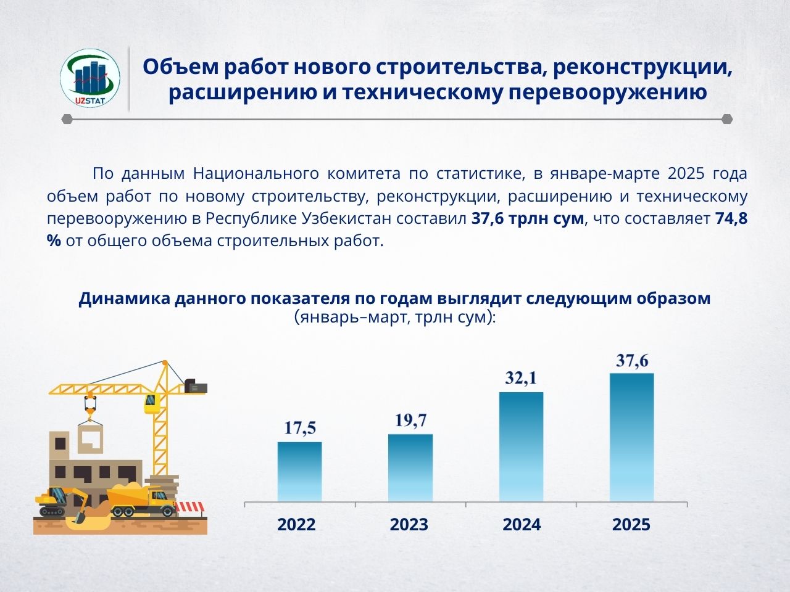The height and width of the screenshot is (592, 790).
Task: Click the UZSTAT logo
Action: pos(90,79)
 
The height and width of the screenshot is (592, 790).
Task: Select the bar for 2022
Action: pos(299,472)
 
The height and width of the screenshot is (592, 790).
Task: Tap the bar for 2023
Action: pos(410,468)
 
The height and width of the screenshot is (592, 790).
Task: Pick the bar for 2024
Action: pos(521,447)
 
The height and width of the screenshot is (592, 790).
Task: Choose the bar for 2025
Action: pos(631,437)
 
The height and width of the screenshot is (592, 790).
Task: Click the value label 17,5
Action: pos(300,428)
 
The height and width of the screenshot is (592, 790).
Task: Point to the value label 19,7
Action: pos(410,420)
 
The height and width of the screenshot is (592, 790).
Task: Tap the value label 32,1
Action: pos(521,378)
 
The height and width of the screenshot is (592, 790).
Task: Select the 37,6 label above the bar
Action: pos(632,360)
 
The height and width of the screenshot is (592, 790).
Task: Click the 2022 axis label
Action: pos(296,524)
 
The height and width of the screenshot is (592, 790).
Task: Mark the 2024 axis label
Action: pos(522,524)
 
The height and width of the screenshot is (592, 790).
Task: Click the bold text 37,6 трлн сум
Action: pos(528,218)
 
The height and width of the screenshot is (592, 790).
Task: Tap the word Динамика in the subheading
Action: pos(124,298)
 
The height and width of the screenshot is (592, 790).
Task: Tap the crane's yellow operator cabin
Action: pos(152,403)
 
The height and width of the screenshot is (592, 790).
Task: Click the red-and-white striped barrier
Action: pos(190,507)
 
